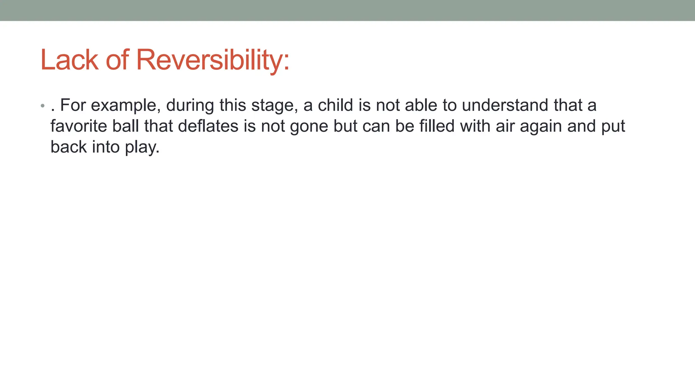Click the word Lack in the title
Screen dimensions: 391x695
(69, 60)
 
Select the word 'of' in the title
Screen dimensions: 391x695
(117, 60)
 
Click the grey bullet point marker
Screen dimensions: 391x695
(42, 106)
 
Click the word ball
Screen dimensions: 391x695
(126, 126)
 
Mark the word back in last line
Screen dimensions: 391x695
(69, 147)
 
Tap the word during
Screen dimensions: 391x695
(190, 106)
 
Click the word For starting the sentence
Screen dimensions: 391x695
(73, 105)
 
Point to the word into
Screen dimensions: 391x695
(106, 147)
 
